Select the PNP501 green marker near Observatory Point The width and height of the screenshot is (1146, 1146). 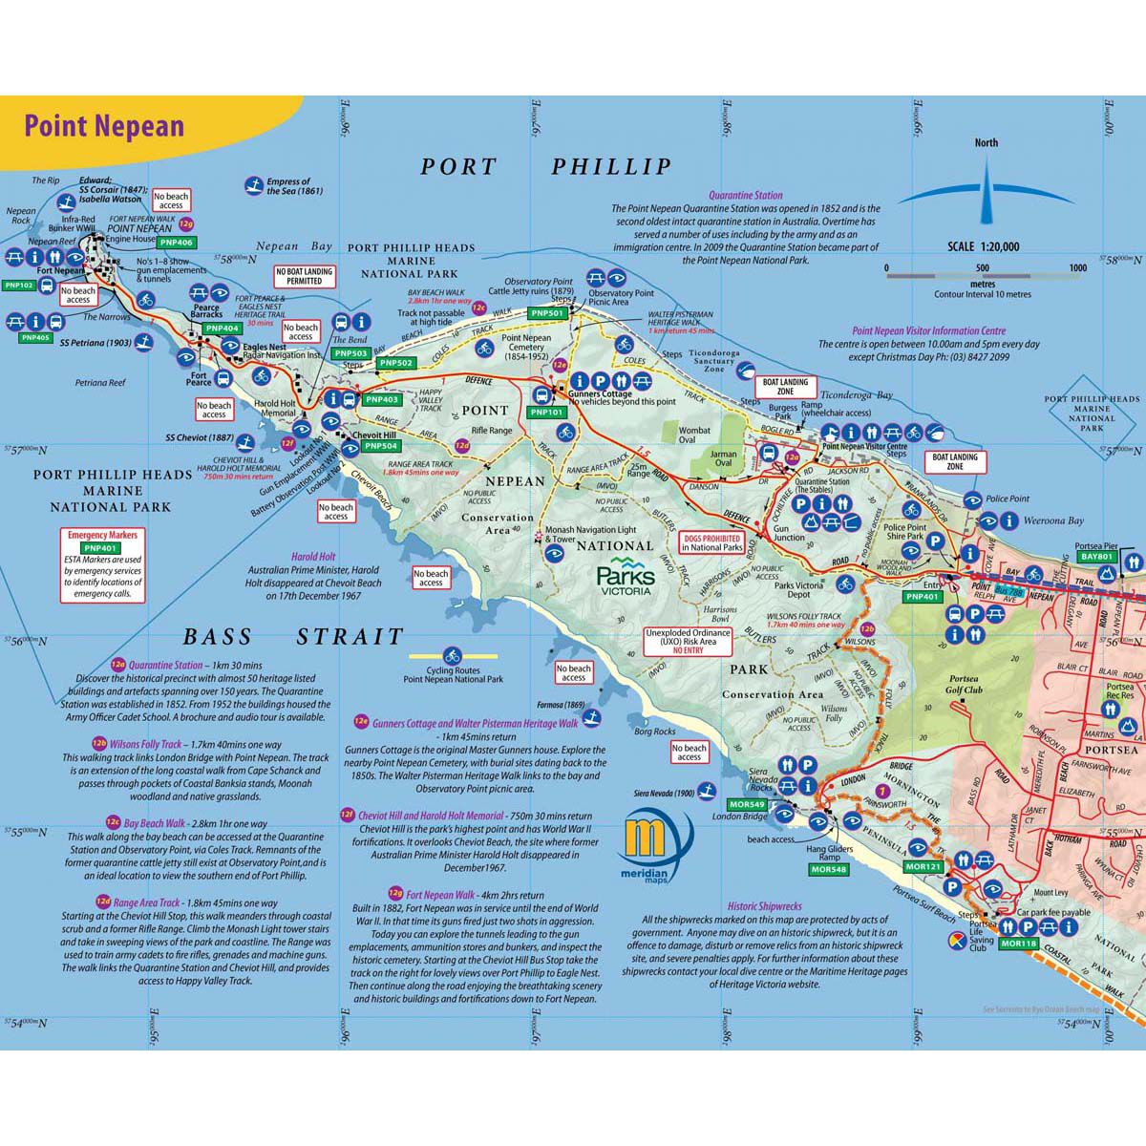pos(548,313)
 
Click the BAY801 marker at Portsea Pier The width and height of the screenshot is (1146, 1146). pos(1096,556)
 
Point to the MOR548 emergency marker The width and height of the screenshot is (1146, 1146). pos(827,870)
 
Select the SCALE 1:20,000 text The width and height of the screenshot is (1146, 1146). pos(983,246)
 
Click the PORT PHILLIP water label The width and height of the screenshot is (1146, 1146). pos(546,167)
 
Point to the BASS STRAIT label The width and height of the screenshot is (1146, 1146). pos(293,637)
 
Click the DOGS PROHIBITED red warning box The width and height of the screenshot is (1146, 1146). pos(711,543)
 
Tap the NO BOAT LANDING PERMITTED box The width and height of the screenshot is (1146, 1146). pos(305,276)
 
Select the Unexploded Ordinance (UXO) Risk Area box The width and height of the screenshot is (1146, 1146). pos(688,640)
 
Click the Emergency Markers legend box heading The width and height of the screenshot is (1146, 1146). pos(102,536)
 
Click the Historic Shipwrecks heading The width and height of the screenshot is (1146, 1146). pos(764,906)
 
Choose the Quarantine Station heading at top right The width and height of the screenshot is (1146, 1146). pos(745,195)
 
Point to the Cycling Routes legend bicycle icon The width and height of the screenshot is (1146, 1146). pos(453,657)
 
